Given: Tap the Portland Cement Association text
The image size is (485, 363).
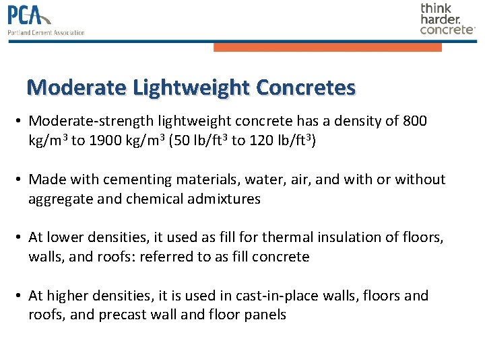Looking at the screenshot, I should (x=46, y=32).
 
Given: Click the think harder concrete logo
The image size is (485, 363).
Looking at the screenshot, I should (x=447, y=19).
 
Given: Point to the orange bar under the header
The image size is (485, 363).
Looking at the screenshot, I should (x=327, y=47).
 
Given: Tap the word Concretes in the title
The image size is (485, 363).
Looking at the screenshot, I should (x=306, y=87).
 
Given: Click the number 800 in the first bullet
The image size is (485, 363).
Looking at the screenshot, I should (x=414, y=121).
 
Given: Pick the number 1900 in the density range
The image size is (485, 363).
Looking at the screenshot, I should (x=104, y=140).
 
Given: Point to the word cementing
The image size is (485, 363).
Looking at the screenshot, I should (x=140, y=179).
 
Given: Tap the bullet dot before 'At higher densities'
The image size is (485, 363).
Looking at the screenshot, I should (x=20, y=296).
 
